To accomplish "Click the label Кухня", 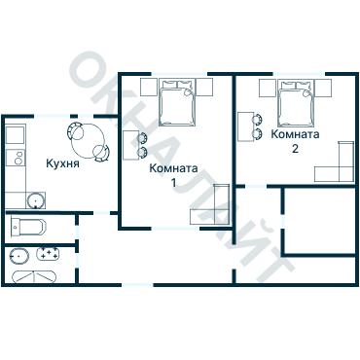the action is coord(62,163).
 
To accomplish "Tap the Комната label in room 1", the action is coord(173,168).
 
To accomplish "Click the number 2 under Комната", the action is coord(295,149).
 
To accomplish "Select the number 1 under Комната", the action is coord(174,183).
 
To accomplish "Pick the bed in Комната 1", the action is coord(177,102).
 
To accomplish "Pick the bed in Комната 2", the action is coord(297,103).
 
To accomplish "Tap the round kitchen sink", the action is coord(35,200).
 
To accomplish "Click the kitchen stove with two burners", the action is coord(16,158).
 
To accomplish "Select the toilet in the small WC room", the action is coord(28,227).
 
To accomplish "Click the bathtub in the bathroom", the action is coord(34,277).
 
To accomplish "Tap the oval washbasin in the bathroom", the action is coord(18,256).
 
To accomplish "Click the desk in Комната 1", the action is coord(131,145).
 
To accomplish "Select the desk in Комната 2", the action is coord(246,126).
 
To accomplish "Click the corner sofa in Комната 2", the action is coord(334,162).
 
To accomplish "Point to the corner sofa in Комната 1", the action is coord(210,204).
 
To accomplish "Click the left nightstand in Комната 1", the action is coord(149,87).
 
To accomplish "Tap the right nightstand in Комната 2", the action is coord(323,88).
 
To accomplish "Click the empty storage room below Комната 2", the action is coord(319,221).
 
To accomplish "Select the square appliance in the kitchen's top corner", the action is coord(16,135).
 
